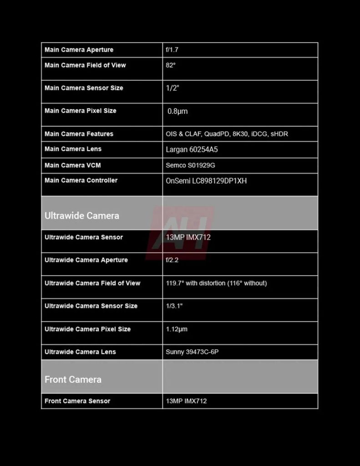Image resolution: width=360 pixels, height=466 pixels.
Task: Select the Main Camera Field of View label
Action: pos(85,65)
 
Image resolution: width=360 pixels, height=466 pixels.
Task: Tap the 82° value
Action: pos(171,65)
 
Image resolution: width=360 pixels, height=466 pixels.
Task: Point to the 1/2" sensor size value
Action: pos(172,88)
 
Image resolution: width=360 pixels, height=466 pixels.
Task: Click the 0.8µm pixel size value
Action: pos(177,111)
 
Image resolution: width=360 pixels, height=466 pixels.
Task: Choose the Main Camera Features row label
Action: pos(79,134)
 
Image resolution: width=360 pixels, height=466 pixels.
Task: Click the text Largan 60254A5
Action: pos(192,149)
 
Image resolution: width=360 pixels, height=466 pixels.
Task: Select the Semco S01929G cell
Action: pos(190,165)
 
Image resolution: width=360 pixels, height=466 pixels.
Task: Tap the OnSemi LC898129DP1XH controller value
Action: pos(206,181)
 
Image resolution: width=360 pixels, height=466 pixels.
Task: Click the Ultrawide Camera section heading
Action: pos(82,215)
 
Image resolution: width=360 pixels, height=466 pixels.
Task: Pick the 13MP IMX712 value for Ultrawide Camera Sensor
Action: pos(188,237)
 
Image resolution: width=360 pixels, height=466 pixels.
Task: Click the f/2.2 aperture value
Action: pos(172,260)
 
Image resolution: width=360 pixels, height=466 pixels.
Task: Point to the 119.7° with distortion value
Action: pos(216,283)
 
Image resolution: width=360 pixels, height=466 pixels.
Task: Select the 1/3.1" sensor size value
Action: pos(174,306)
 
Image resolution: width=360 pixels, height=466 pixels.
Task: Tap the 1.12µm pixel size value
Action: pos(177,329)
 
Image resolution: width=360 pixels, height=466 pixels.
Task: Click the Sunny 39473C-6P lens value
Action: pos(192,352)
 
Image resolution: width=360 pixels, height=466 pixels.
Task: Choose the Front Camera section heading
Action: pos(73,379)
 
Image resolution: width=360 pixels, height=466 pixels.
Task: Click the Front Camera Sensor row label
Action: pos(77,401)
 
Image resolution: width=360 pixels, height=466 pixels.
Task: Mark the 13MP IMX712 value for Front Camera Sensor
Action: pos(186,401)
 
